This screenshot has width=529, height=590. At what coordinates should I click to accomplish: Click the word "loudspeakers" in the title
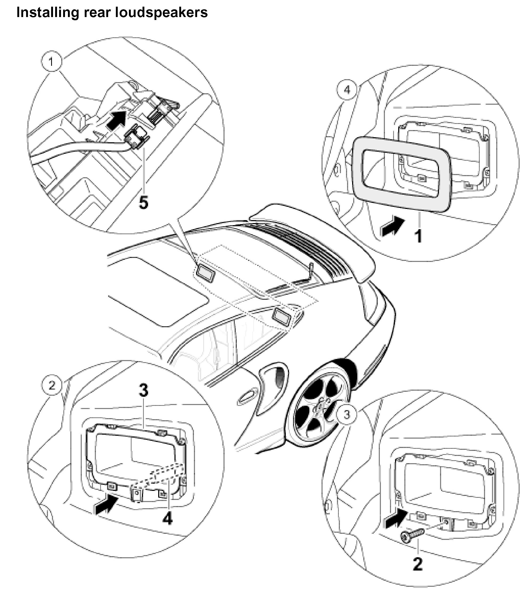[x=161, y=13]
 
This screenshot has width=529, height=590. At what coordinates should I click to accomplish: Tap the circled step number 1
[x=51, y=62]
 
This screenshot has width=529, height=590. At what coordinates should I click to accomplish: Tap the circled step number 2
[x=52, y=386]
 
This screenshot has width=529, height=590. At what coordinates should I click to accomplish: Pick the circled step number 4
[x=347, y=90]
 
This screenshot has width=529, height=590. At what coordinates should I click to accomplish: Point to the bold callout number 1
[x=418, y=236]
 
